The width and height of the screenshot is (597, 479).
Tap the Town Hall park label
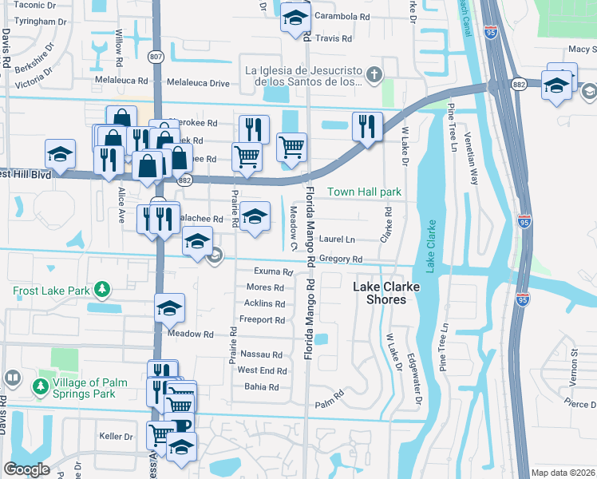click(364, 192)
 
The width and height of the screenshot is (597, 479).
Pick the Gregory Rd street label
click(341, 259)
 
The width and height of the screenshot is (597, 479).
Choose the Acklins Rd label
click(264, 303)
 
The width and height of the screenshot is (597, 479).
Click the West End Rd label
click(262, 370)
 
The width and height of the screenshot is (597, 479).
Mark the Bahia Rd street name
click(262, 387)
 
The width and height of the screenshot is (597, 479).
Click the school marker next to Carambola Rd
click(295, 19)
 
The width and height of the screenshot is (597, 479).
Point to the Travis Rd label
click(334, 38)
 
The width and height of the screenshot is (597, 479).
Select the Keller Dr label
click(116, 437)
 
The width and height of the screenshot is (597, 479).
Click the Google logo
click(26, 469)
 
